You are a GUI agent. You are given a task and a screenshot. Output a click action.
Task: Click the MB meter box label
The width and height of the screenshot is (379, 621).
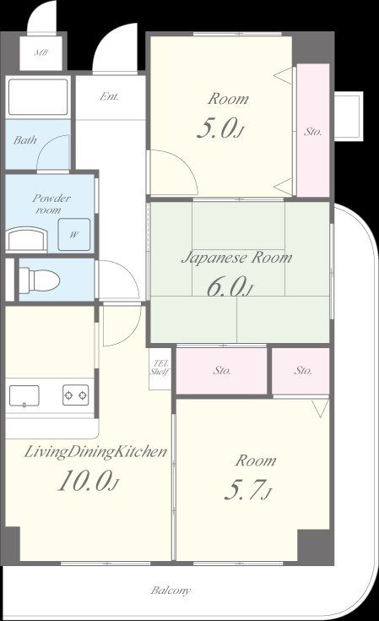click(41, 52)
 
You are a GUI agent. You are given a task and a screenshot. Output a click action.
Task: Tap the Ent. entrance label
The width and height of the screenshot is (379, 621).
click(109, 96)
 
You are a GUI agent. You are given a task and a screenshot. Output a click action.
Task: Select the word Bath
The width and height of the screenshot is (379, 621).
click(25, 139)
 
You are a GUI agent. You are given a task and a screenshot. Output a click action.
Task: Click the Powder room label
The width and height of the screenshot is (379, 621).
click(51, 204)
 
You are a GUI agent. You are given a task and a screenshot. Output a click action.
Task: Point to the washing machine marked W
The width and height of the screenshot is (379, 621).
click(74, 235)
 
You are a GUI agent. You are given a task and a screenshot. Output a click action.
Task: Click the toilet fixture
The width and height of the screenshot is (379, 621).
click(39, 280)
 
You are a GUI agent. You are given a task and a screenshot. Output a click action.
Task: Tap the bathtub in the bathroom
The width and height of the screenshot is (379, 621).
click(38, 97)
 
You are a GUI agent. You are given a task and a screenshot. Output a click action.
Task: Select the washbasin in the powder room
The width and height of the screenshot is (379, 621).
click(26, 239)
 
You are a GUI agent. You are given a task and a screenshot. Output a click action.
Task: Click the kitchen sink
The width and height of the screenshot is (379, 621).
click(24, 396)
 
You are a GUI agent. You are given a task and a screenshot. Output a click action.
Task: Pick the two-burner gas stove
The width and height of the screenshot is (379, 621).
click(76, 395)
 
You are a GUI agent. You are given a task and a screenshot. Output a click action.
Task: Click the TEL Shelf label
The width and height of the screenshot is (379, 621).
click(160, 368)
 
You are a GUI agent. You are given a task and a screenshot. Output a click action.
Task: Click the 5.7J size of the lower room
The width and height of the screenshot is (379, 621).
click(248, 490)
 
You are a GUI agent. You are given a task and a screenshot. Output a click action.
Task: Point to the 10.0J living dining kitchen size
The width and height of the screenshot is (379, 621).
click(89, 481)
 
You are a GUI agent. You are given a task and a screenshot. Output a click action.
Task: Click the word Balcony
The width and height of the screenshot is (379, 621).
click(171, 591)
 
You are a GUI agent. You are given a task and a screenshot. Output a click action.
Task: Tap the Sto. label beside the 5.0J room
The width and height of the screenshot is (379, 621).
click(312, 132)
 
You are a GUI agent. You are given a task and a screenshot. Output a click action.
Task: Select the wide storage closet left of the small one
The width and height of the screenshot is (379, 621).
click(221, 371)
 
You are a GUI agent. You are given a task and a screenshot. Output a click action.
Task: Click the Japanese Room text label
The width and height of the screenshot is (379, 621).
click(237, 258)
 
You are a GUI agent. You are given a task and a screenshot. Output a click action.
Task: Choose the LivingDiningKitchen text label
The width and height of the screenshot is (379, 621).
click(95, 452)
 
